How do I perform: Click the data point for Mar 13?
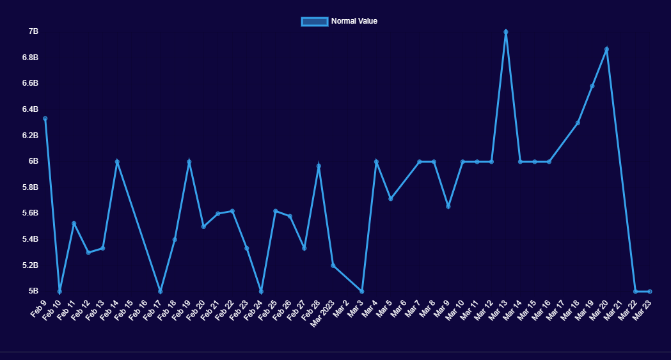[506, 32]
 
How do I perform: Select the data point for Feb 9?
[45, 118]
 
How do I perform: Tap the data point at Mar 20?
[606, 49]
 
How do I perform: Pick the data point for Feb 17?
[161, 291]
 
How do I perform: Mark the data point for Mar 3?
[362, 291]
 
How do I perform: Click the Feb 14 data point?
[117, 162]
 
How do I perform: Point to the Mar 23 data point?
[650, 291]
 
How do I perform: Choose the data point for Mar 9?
[448, 207]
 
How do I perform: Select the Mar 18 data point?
[578, 123]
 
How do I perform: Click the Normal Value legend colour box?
[314, 21]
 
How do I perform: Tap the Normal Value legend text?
[354, 21]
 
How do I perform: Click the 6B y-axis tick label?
[33, 161]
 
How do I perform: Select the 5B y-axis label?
[33, 291]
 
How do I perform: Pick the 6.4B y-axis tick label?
[30, 109]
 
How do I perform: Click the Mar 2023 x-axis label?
[322, 313]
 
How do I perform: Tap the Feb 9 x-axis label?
[38, 309]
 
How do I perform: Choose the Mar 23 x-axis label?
[642, 310]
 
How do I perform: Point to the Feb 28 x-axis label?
[310, 310]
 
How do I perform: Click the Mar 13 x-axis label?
[498, 310]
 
